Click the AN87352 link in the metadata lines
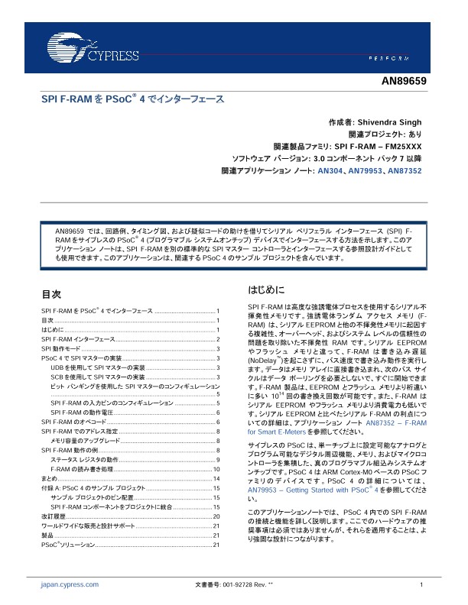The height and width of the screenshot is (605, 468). (x=404, y=172)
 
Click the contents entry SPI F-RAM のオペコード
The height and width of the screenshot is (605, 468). (x=73, y=422)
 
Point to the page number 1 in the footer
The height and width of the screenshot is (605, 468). (x=421, y=584)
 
